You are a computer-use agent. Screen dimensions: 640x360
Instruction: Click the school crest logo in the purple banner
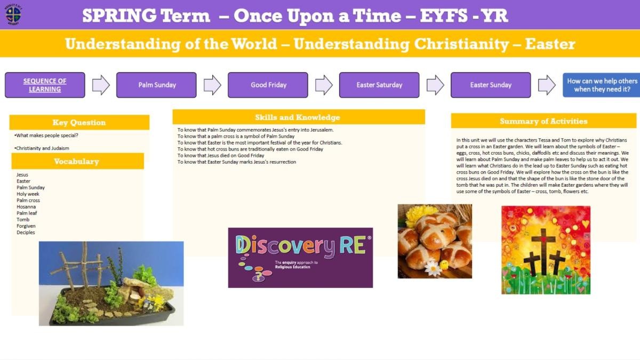pyautogui.click(x=13, y=14)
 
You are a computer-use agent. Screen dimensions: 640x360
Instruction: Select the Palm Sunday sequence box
pyautogui.click(x=156, y=85)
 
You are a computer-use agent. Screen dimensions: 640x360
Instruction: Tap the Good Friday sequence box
pyautogui.click(x=268, y=85)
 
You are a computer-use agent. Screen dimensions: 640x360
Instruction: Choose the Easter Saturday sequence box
pyautogui.click(x=379, y=85)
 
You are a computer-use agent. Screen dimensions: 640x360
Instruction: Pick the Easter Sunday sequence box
pyautogui.click(x=491, y=85)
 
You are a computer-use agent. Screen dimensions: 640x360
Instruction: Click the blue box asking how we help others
pyautogui.click(x=602, y=85)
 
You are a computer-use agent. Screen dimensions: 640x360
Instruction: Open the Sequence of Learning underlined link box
pyautogui.click(x=45, y=85)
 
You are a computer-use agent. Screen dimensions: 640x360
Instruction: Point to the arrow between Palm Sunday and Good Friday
pyautogui.click(x=212, y=85)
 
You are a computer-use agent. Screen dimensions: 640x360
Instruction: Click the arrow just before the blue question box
pyautogui.click(x=547, y=85)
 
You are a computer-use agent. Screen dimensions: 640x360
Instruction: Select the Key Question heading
pyautogui.click(x=79, y=122)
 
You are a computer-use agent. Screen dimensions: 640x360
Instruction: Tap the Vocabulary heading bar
pyautogui.click(x=77, y=161)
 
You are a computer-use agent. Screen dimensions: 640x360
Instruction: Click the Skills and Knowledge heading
pyautogui.click(x=299, y=117)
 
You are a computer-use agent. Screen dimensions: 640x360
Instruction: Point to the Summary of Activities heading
pyautogui.click(x=543, y=121)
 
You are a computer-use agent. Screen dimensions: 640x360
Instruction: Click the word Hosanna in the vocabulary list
pyautogui.click(x=26, y=206)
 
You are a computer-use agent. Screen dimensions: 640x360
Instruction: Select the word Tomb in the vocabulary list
pyautogui.click(x=23, y=219)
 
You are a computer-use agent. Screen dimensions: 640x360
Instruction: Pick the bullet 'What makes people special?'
pyautogui.click(x=46, y=135)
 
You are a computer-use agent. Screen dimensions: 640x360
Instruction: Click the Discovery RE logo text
pyautogui.click(x=300, y=246)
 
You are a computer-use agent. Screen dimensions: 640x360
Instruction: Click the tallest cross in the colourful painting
pyautogui.click(x=543, y=251)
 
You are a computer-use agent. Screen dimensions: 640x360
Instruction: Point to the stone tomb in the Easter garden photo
pyautogui.click(x=137, y=290)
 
